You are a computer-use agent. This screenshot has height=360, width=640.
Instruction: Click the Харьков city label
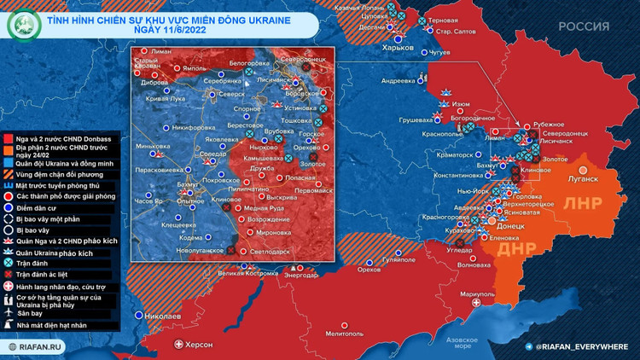click(x=397, y=48)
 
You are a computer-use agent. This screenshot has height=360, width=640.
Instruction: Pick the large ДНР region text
click(x=515, y=249)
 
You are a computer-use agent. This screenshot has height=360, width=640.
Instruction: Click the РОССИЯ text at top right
click(x=584, y=26)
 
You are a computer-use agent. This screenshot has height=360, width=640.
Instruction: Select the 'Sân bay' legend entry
click(x=41, y=313)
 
